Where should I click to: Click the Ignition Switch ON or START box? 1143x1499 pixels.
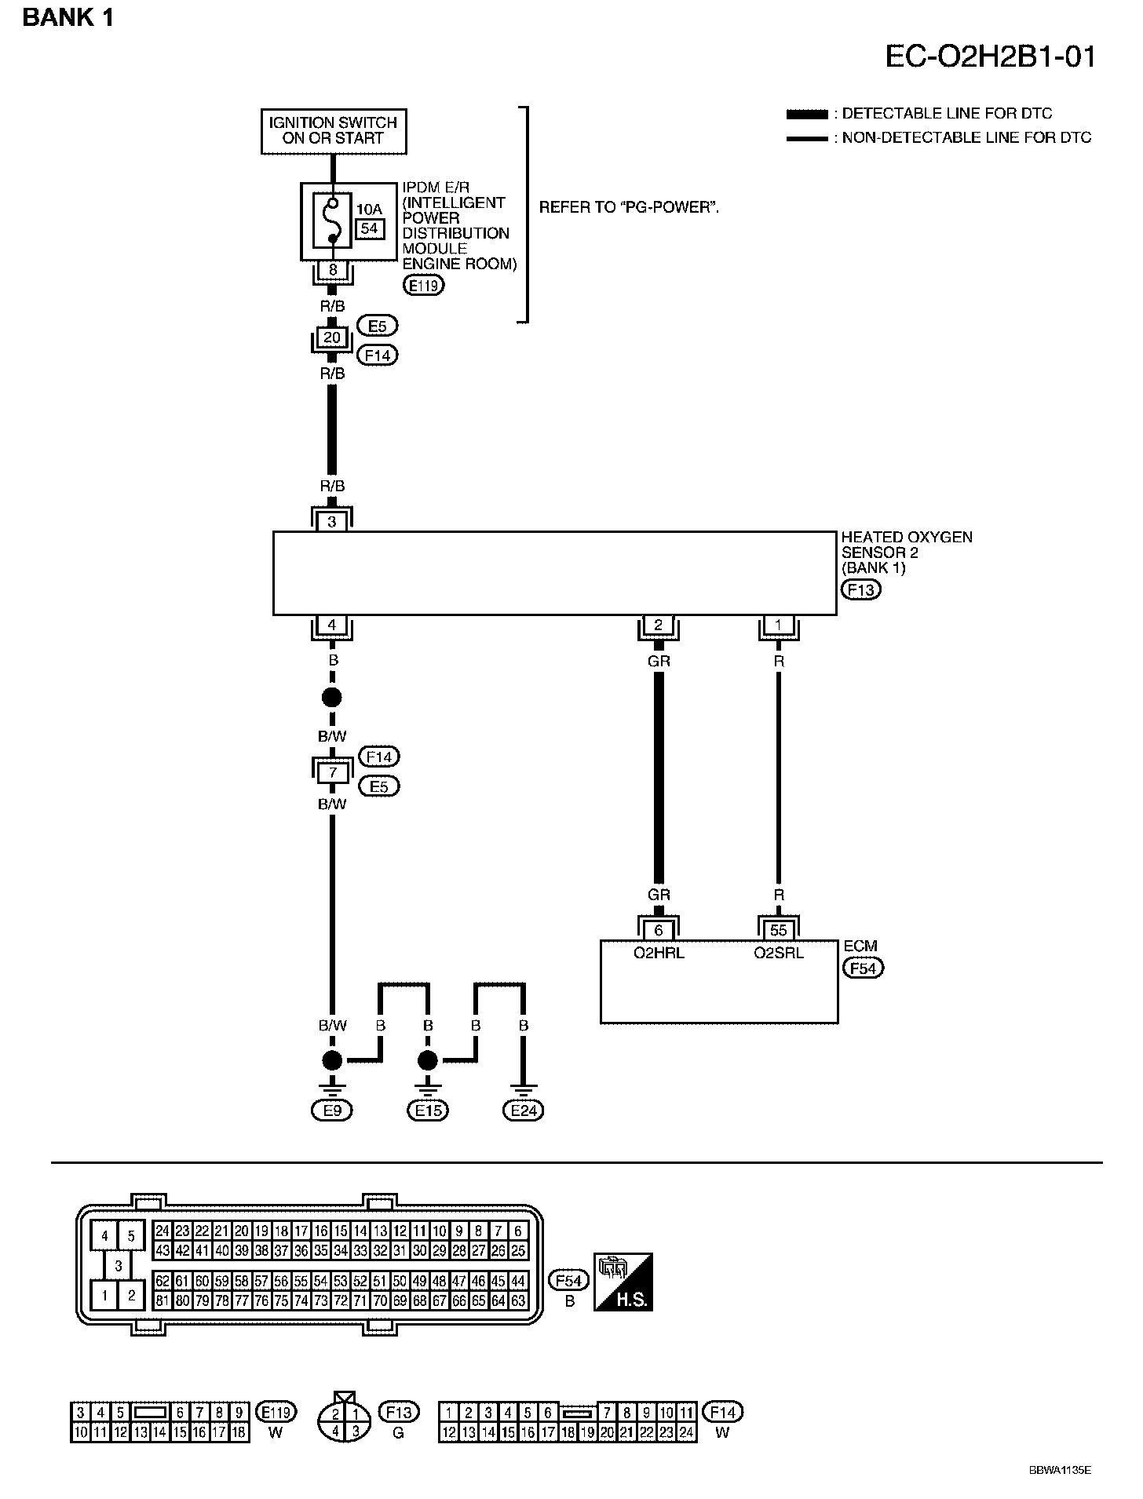(334, 130)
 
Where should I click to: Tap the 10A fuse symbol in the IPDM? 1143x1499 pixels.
(333, 221)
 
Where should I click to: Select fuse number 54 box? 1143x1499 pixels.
(370, 228)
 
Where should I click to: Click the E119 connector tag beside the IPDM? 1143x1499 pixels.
(423, 286)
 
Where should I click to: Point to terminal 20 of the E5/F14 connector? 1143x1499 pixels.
(333, 338)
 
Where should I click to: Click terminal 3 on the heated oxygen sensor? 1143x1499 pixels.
(332, 521)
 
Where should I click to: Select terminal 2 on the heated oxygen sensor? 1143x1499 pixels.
(658, 625)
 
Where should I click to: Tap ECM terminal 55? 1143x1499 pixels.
(778, 931)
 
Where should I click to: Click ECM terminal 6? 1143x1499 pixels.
(659, 931)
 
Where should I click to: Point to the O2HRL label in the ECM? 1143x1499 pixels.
(659, 954)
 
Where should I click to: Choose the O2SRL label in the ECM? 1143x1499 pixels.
(779, 954)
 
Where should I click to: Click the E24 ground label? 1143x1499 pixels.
(524, 1111)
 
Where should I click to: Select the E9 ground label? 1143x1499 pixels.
(332, 1111)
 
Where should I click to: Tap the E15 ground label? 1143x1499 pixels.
(428, 1111)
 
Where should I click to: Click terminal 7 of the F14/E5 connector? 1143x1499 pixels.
(333, 773)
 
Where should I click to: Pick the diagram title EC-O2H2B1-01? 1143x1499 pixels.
(990, 57)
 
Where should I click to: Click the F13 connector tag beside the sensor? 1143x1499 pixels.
(860, 589)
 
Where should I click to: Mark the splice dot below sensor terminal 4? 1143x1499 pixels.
(332, 698)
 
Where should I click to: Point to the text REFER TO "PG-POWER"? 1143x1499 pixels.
(630, 208)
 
